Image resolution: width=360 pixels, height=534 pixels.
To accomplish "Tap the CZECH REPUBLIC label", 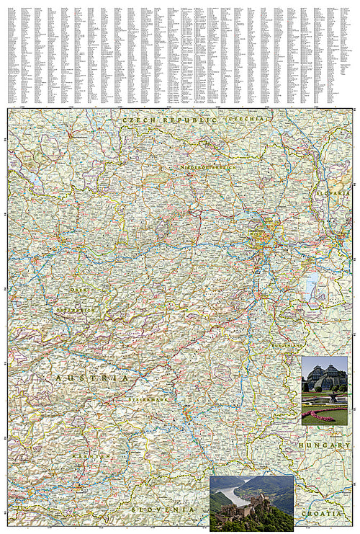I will (170, 120).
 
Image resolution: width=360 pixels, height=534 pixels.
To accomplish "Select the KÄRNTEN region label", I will (95, 457).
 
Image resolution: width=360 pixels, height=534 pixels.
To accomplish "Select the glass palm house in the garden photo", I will (326, 375).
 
